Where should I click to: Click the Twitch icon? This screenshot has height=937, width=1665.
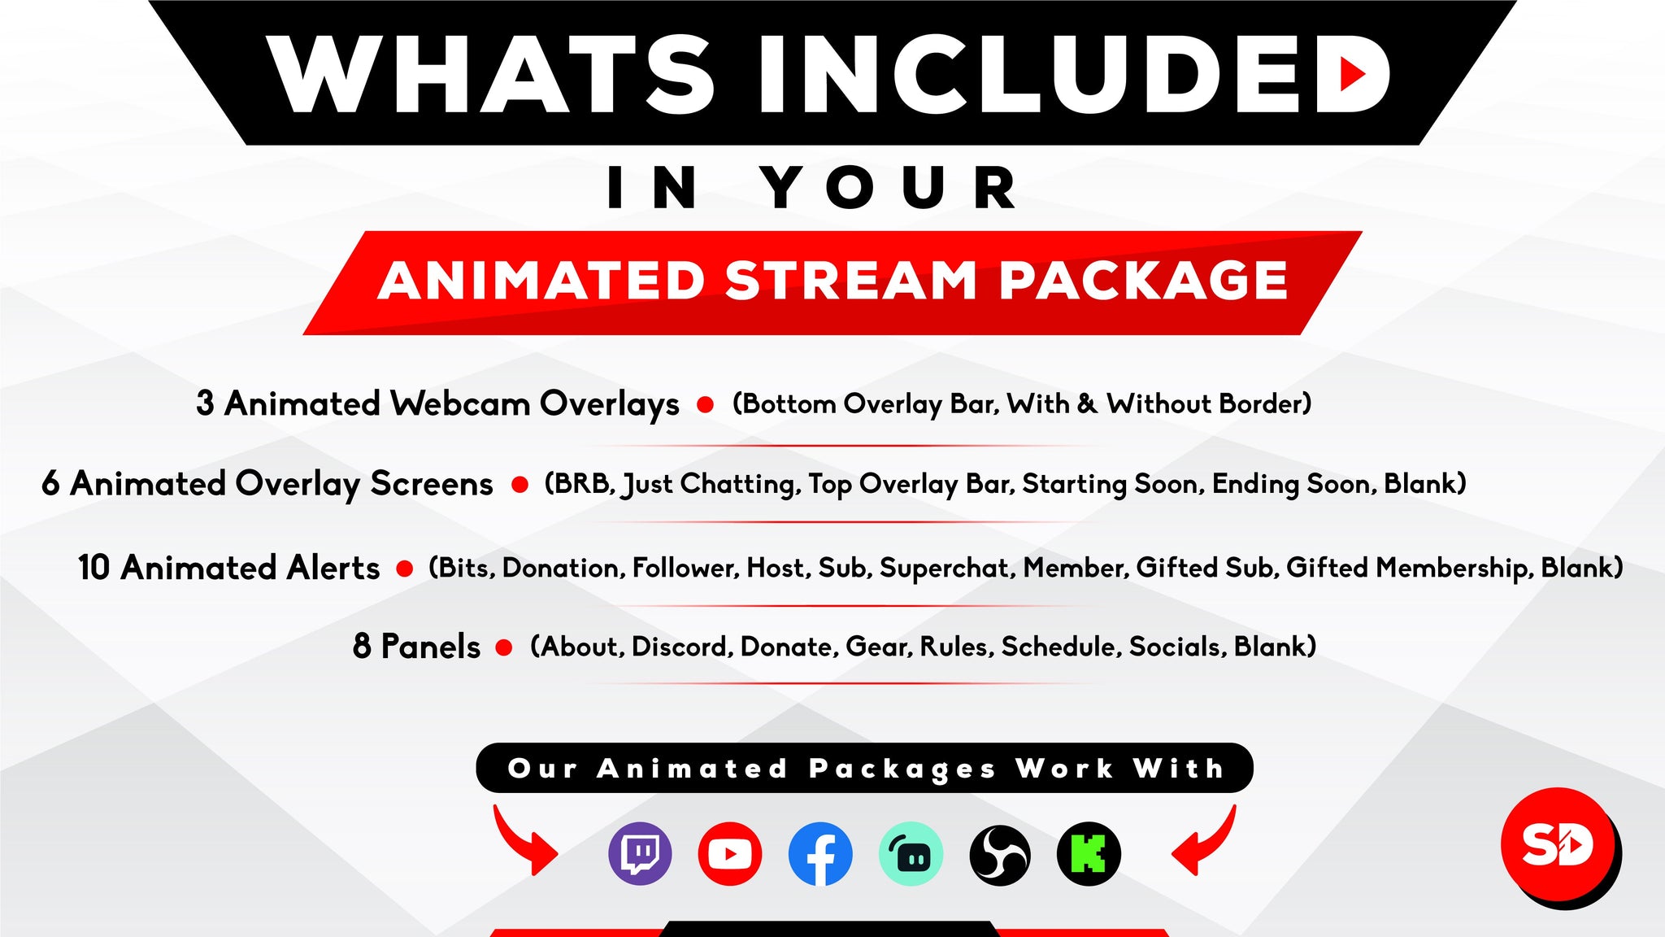(640, 854)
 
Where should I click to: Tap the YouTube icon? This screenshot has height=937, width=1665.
(729, 854)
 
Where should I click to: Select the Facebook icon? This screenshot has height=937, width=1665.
(820, 854)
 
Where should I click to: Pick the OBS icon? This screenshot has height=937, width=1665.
(1000, 855)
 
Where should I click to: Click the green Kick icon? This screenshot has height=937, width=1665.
(1089, 854)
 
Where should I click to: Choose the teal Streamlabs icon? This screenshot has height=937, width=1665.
(911, 854)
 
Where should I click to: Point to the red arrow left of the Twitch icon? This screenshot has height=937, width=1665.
(524, 840)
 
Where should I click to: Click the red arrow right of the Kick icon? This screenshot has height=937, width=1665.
(1205, 840)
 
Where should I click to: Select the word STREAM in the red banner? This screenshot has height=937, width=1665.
(850, 281)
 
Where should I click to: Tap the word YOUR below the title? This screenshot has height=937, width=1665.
(889, 188)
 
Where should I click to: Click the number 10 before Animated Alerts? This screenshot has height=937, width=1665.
(94, 568)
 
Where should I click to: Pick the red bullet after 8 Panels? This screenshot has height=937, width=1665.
(504, 647)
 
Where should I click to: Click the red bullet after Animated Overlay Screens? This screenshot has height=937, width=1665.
(519, 485)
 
